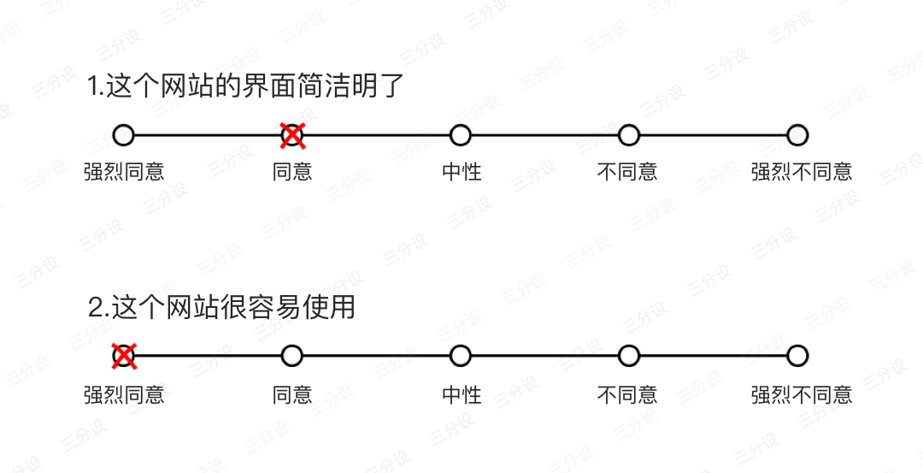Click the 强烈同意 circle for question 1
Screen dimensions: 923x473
124,134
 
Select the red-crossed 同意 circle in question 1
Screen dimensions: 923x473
292,134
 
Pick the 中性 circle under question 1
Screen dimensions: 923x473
461,134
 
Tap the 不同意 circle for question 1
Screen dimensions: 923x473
629,134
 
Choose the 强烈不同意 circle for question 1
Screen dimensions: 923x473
797,134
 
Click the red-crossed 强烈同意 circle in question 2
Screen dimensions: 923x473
124,355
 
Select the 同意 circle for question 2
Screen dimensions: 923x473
292,355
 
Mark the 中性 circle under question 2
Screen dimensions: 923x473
461,355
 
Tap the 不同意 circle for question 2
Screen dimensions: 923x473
629,355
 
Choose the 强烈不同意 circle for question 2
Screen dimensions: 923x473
797,355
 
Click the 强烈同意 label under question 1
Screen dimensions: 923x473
124,172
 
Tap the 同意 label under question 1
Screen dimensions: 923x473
292,172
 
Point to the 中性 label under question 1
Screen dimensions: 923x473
461,172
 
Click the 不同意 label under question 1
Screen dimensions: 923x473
627,172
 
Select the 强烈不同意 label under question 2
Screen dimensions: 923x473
802,394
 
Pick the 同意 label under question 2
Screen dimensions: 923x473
292,394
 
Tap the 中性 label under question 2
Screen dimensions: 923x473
461,394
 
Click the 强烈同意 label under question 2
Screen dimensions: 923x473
124,394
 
